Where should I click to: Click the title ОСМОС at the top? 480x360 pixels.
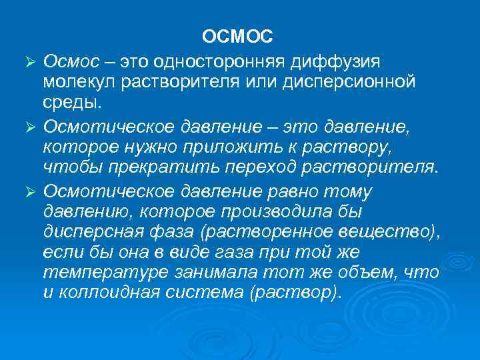click(238, 35)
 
